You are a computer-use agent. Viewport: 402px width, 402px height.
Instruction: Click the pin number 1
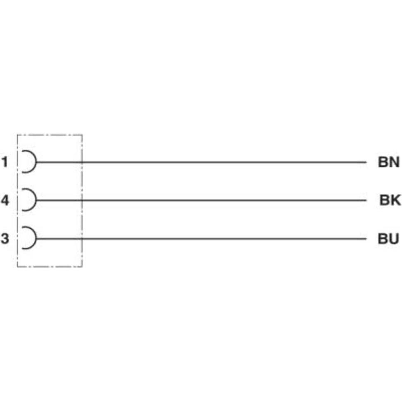point(5,162)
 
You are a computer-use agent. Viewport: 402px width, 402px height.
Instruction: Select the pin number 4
point(5,201)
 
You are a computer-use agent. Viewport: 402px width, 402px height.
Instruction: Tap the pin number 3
point(5,239)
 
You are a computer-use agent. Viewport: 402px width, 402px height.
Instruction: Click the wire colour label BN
point(388,162)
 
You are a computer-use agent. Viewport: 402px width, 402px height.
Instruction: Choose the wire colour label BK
point(390,201)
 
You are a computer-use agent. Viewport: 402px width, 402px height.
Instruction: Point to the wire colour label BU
point(388,239)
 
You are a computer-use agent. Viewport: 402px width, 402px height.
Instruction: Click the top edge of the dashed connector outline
point(50,135)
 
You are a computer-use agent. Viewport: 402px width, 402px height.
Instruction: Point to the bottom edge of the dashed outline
point(50,266)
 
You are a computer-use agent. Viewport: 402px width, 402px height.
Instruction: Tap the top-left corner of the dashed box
point(17,135)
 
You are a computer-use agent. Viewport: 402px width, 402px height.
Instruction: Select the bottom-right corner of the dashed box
point(82,266)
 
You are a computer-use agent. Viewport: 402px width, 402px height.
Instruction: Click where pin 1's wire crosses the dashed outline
point(82,162)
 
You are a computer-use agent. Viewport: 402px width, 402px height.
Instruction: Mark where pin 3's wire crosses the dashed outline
point(82,238)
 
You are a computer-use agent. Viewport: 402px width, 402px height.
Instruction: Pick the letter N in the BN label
point(394,162)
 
